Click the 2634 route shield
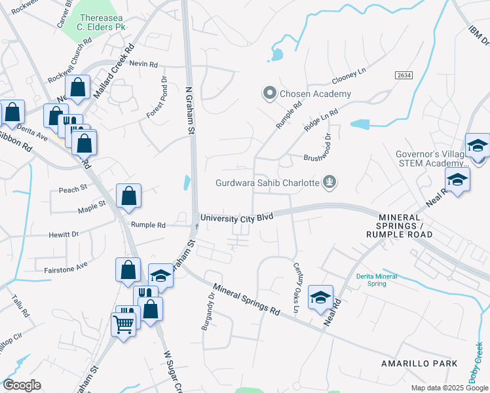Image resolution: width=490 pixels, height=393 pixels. [404, 76]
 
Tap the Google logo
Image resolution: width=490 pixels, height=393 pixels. [22, 385]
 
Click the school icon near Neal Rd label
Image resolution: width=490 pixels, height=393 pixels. [320, 297]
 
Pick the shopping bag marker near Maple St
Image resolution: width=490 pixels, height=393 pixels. [128, 196]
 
